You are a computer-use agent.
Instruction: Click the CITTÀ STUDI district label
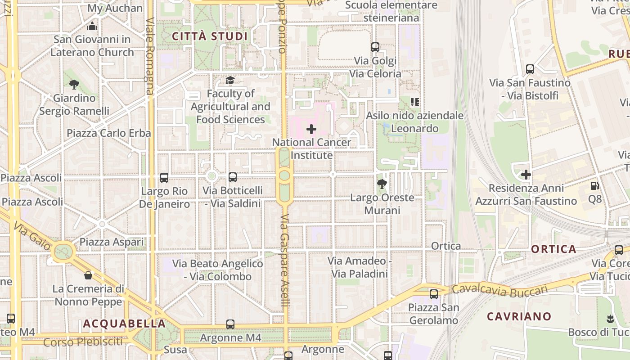pos(210,36)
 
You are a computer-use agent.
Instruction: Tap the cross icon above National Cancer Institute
pos(311,130)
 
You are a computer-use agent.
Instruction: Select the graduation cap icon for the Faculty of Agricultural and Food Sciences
pos(230,81)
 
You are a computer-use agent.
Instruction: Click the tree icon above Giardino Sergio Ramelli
pos(74,84)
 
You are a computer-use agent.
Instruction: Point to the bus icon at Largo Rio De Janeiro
pos(164,178)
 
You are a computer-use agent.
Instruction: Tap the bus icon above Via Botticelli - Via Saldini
pos(232,177)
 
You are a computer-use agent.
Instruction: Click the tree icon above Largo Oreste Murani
pos(382,184)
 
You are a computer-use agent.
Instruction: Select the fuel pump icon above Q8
pos(594,185)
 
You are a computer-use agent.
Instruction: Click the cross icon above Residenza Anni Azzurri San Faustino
pos(526,175)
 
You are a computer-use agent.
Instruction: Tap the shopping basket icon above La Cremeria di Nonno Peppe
pos(88,275)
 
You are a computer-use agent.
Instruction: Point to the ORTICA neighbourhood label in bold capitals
pos(553,249)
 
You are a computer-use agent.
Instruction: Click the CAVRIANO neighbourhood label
pos(519,316)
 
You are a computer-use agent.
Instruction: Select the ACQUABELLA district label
pos(125,324)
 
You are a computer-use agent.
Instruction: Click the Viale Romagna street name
pos(150,56)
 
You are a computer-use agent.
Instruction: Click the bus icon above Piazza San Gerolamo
pos(433,294)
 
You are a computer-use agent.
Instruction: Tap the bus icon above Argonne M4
pos(230,324)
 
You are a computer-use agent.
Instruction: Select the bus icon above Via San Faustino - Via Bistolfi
pos(530,69)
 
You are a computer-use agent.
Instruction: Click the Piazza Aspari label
pos(112,242)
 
